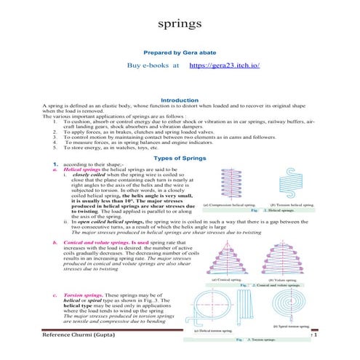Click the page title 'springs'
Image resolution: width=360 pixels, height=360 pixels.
pyautogui.click(x=180, y=24)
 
